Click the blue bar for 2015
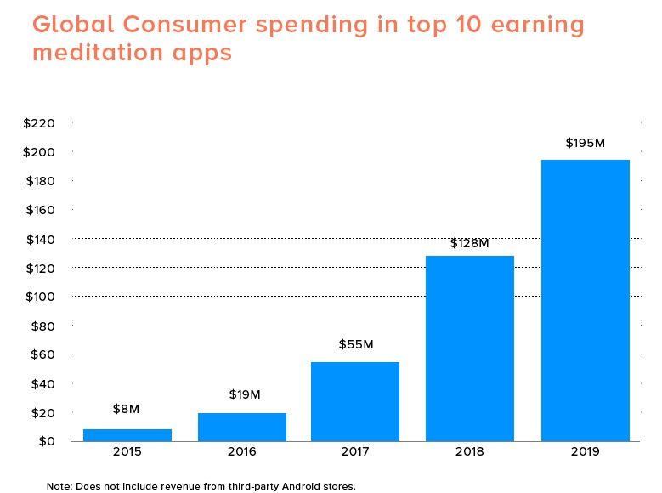coord(127,435)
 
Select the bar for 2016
coord(242,427)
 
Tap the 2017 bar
coord(355,401)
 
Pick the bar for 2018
coord(470,348)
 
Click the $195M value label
coord(585,143)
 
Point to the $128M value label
coord(470,243)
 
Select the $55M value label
coord(355,344)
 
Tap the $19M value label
coord(244,394)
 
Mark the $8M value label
coord(127,409)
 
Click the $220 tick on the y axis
coord(40,123)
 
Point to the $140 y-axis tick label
coord(40,239)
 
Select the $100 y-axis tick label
coord(40,297)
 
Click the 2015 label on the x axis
coord(127,452)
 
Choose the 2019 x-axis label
coord(585,452)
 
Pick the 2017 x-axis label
coord(355,452)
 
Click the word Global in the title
coord(71,25)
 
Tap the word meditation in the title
coord(97,53)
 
